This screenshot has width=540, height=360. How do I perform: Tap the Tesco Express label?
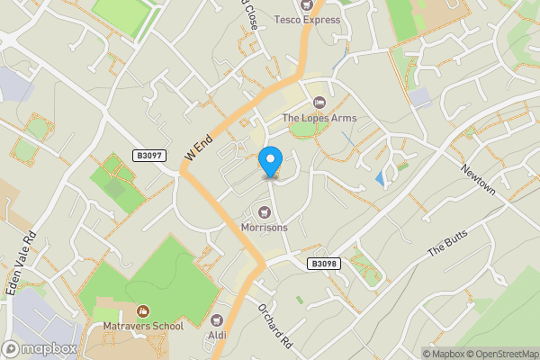point(308,20)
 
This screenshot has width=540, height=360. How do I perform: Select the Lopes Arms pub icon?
point(319,103)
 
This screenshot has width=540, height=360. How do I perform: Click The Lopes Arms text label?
point(319,118)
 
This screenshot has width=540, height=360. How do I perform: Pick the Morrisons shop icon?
point(265,212)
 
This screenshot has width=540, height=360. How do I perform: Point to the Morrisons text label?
point(265,228)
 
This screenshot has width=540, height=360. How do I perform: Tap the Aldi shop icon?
point(217,320)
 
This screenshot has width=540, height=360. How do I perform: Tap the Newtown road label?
point(477,181)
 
